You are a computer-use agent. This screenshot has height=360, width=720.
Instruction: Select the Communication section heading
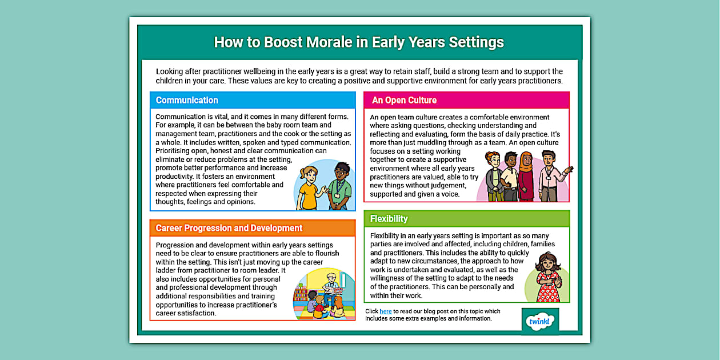[x=187, y=101]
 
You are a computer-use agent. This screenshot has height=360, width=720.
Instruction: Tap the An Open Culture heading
[x=404, y=101]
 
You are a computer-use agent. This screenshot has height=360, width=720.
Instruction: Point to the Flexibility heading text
[x=389, y=218]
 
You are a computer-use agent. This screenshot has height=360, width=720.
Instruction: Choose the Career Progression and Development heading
[x=229, y=228]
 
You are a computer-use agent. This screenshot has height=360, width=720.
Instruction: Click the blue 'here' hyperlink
[x=385, y=311]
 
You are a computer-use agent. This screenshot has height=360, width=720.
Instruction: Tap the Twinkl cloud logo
[x=540, y=321]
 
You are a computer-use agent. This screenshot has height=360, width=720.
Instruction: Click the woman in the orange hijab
[x=526, y=176]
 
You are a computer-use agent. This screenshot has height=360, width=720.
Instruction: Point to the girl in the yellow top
[x=309, y=189]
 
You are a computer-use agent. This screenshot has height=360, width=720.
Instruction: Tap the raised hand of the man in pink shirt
[x=569, y=169]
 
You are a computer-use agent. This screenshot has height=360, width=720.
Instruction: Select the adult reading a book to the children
[x=331, y=289]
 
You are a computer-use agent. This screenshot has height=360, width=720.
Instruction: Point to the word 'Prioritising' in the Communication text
[x=173, y=151]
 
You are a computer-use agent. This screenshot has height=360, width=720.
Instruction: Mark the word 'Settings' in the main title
[x=477, y=42]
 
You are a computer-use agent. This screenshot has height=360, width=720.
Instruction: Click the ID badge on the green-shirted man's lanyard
[x=337, y=195]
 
